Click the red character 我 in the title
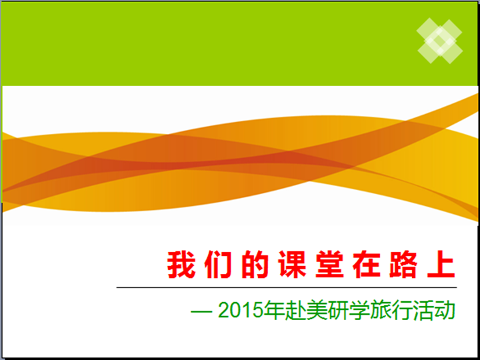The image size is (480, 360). [181, 265]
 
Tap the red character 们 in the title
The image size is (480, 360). [218, 265]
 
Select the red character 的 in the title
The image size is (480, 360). [255, 265]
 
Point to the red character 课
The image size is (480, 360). [293, 265]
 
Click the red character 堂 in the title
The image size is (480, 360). [329, 265]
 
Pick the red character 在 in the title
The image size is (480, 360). [367, 265]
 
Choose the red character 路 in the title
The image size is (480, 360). [403, 265]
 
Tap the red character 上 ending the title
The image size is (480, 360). [441, 265]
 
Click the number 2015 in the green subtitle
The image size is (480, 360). [241, 311]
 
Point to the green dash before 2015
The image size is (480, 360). [201, 312]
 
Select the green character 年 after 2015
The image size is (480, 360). [275, 311]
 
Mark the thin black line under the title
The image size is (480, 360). [287, 287]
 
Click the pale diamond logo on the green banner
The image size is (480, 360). [439, 41]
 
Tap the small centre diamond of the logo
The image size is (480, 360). [439, 41]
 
